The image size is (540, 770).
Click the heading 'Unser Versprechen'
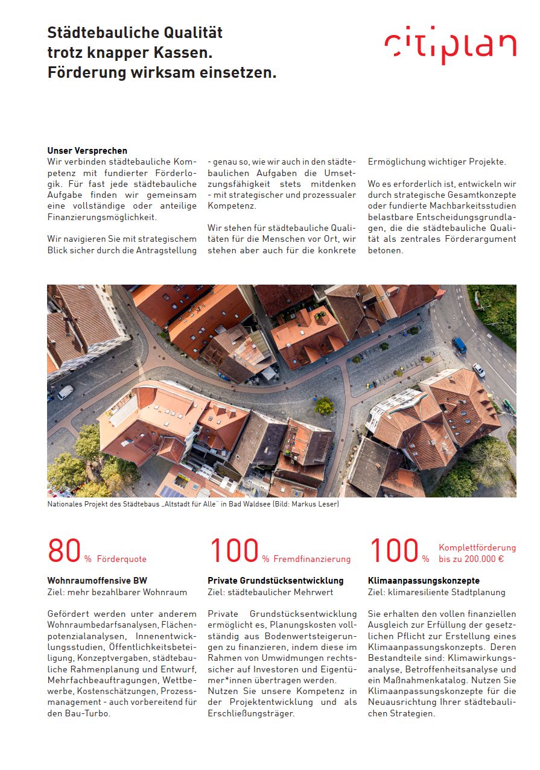click(87, 151)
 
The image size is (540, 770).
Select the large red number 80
click(64, 551)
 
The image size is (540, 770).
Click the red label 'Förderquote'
click(121, 559)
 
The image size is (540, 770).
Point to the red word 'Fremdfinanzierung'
click(312, 559)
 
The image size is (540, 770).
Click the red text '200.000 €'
click(480, 559)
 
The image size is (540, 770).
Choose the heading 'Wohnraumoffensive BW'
click(97, 581)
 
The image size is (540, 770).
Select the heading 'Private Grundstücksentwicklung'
click(276, 581)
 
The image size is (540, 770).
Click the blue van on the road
click(459, 345)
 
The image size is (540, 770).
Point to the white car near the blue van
click(478, 370)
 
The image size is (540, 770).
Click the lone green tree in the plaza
click(324, 406)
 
